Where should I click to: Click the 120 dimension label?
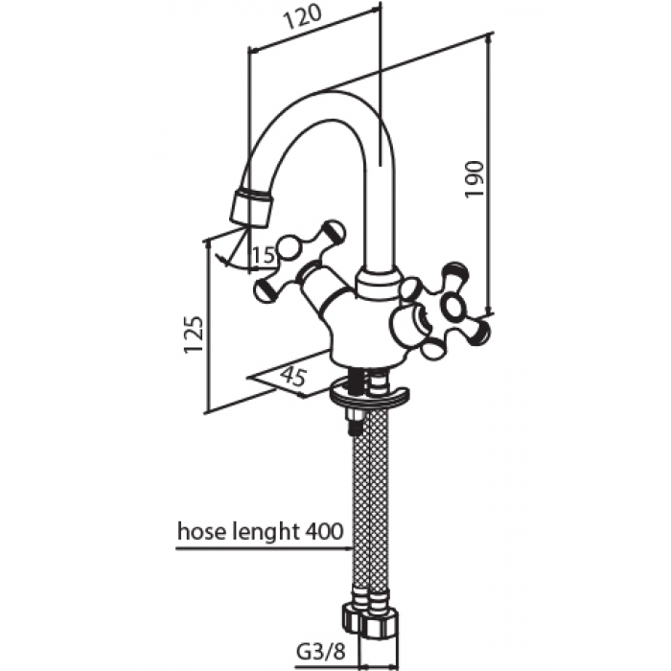click(302, 18)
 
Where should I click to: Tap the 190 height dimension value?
click(474, 179)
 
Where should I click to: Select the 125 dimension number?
click(193, 335)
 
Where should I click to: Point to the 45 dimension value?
click(293, 376)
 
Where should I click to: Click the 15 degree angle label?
click(264, 256)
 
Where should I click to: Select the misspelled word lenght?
click(266, 533)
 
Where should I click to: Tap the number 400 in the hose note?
click(324, 531)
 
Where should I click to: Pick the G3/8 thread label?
click(320, 653)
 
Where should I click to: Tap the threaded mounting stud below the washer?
click(355, 422)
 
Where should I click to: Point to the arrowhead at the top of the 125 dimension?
click(208, 244)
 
